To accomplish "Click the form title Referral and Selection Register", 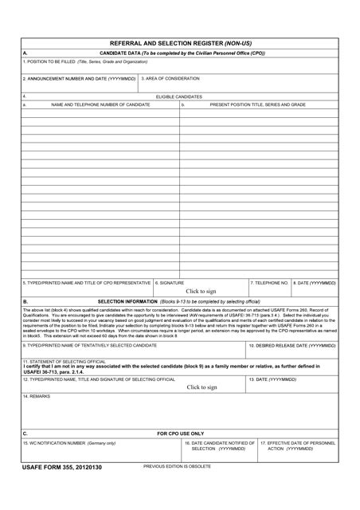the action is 180,44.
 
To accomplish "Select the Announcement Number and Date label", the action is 80,79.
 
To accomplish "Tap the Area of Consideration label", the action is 170,79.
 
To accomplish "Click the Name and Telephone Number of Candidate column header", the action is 100,104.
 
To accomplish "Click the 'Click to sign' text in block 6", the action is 201,292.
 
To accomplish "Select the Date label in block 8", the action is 315,283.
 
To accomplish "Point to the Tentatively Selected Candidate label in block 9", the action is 89,346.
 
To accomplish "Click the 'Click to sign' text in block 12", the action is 202,387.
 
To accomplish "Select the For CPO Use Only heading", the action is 180,433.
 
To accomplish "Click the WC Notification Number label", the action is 69,443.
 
